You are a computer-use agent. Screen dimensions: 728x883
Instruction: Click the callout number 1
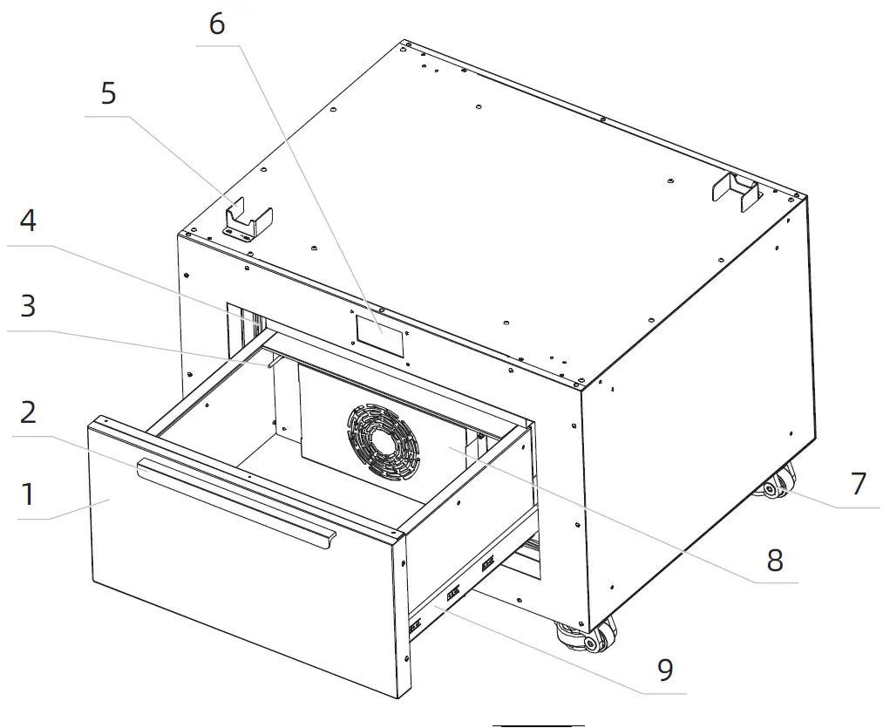28,494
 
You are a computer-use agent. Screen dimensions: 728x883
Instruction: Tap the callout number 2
28,412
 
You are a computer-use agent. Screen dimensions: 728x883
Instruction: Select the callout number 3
28,307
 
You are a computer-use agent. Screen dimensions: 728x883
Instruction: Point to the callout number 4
28,221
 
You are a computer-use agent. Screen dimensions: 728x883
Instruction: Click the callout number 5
108,92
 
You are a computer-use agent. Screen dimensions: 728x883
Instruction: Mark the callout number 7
859,482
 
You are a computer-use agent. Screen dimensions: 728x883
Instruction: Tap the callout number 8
775,560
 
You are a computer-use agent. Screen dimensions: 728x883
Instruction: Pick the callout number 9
665,670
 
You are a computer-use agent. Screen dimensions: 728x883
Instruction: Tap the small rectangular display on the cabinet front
380,335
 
